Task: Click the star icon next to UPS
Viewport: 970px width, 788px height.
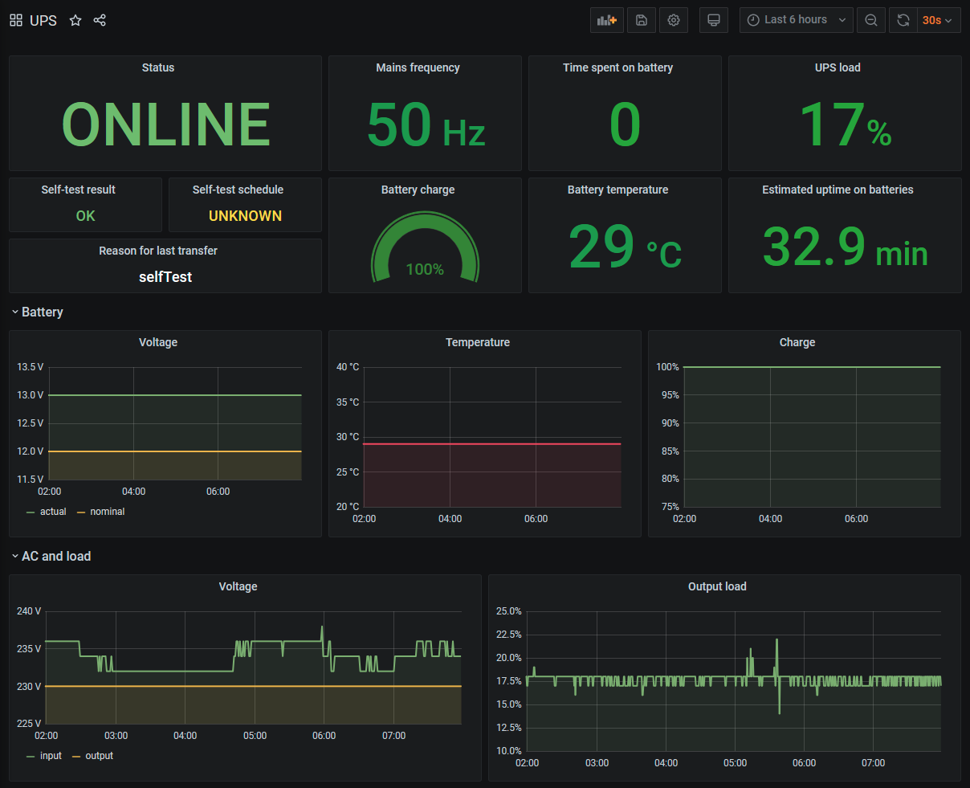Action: (x=75, y=20)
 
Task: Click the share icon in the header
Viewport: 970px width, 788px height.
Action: (x=100, y=20)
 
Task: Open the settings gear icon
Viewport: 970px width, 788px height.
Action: (x=674, y=20)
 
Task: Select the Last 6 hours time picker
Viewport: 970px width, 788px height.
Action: (x=796, y=20)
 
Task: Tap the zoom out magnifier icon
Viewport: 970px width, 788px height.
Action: (x=871, y=20)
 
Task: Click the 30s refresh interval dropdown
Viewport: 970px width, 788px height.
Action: (x=937, y=20)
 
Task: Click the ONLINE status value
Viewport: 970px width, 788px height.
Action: (x=165, y=125)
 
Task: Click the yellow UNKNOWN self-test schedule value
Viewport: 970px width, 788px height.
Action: (x=245, y=216)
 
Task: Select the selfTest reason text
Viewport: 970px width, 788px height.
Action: (x=165, y=277)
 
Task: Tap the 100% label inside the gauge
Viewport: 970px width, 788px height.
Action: (x=425, y=270)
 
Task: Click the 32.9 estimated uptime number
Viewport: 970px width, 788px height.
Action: (x=814, y=247)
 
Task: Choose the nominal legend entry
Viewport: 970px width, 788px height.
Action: (x=107, y=512)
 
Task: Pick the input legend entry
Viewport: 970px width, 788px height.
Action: (x=51, y=756)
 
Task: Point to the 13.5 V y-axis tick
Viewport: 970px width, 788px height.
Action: (x=31, y=367)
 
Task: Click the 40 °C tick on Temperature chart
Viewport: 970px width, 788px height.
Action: (x=348, y=367)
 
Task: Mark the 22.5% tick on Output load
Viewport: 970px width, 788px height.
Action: (x=508, y=635)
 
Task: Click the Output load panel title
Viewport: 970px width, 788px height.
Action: (x=717, y=587)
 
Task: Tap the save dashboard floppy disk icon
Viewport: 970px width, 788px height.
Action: (x=641, y=20)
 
